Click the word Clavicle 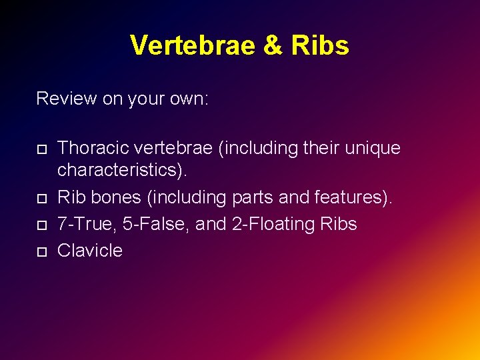(x=90, y=251)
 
